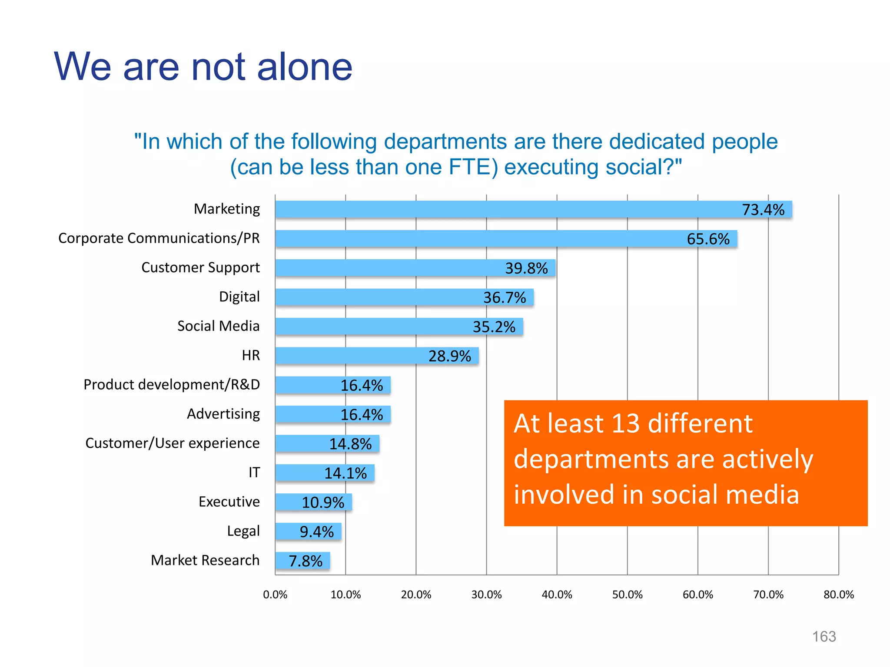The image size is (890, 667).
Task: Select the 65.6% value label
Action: pos(708,239)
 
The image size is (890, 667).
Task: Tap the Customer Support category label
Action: pos(200,267)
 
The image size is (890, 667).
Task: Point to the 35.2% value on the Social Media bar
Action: pos(494,327)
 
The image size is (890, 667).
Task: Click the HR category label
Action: pos(251,356)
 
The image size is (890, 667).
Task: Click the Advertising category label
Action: pos(223,414)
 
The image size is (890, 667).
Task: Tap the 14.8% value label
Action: pos(350,444)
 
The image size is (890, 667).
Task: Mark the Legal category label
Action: pos(243,531)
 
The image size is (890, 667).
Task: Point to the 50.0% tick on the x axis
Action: pos(627,594)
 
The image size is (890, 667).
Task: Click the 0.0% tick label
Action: pos(275,594)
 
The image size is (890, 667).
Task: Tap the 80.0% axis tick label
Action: pos(838,594)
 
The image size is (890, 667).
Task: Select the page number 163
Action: pos(824,637)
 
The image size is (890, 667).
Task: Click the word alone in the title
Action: pos(305,67)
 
